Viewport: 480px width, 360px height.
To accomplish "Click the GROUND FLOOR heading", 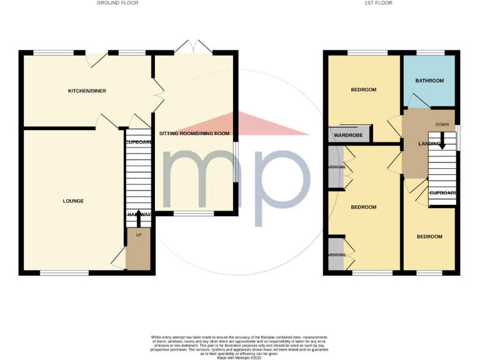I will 117,3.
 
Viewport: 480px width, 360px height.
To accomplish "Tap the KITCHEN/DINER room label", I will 87,91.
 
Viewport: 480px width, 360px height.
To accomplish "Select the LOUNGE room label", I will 73,201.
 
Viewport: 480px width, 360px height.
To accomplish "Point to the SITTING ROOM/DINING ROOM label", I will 194,134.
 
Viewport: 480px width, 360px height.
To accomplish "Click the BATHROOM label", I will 429,81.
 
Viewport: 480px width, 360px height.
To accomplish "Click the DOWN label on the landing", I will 442,124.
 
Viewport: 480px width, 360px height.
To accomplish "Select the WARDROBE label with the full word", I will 349,135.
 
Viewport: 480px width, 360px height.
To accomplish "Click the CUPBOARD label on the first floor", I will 442,193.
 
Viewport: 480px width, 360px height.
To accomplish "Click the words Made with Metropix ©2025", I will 239,357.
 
